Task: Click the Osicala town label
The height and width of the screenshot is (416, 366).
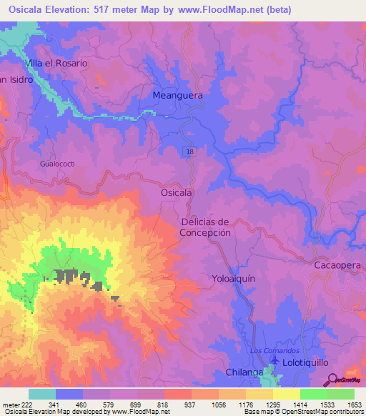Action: pos(176,193)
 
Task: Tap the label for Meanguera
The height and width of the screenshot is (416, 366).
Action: pos(177,95)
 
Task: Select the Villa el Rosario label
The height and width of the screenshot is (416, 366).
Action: pos(56,63)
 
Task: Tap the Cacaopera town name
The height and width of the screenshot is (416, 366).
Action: pos(340,264)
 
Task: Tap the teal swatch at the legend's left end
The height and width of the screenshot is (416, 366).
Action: pos(42,394)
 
